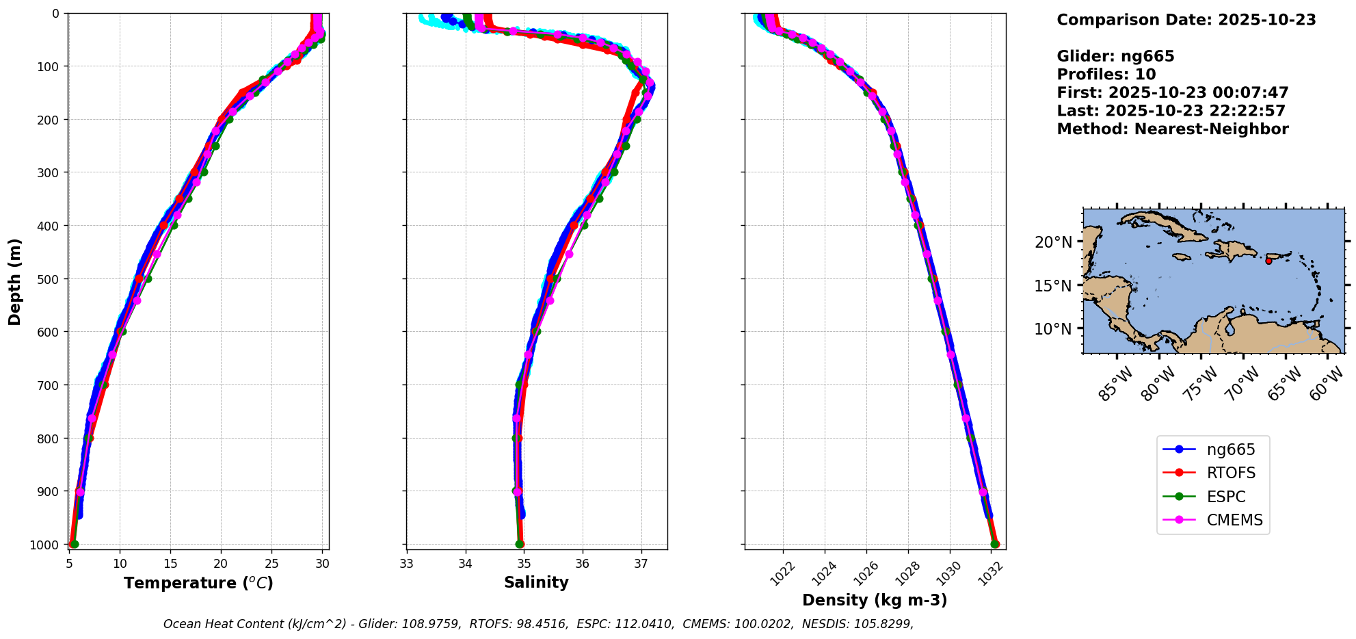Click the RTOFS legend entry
click(x=1231, y=473)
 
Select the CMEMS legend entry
click(x=1234, y=521)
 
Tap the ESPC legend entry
click(x=1225, y=497)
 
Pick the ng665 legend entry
click(x=1230, y=450)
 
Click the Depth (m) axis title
click(x=15, y=282)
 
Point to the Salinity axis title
click(x=536, y=583)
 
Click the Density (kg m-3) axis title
click(x=875, y=601)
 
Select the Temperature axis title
click(x=198, y=584)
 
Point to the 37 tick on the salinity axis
click(x=641, y=564)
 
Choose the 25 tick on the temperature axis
click(x=271, y=564)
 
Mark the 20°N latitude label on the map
click(x=1053, y=242)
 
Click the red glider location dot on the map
click(x=1268, y=261)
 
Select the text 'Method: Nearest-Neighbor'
click(x=1172, y=129)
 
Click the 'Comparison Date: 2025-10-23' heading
click(x=1186, y=20)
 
